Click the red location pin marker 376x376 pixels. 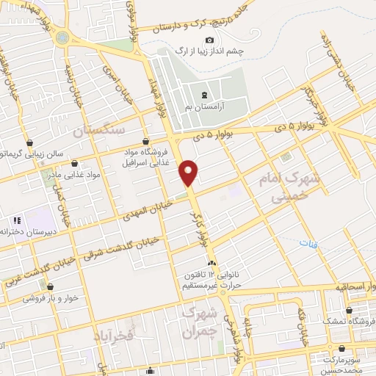tap(189, 173)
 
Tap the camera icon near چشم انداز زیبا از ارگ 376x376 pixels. tap(210, 40)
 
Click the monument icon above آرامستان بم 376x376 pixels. tap(203, 95)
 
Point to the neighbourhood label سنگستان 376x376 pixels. tap(100, 129)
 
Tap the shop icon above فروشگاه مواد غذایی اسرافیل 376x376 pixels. tap(145, 141)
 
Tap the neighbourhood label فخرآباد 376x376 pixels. tap(115, 336)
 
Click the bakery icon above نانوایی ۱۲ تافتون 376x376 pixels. tap(212, 263)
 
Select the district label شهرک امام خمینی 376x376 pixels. tap(286, 187)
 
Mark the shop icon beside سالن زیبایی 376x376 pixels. tap(29, 142)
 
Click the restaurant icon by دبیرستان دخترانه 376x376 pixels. tap(16, 220)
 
